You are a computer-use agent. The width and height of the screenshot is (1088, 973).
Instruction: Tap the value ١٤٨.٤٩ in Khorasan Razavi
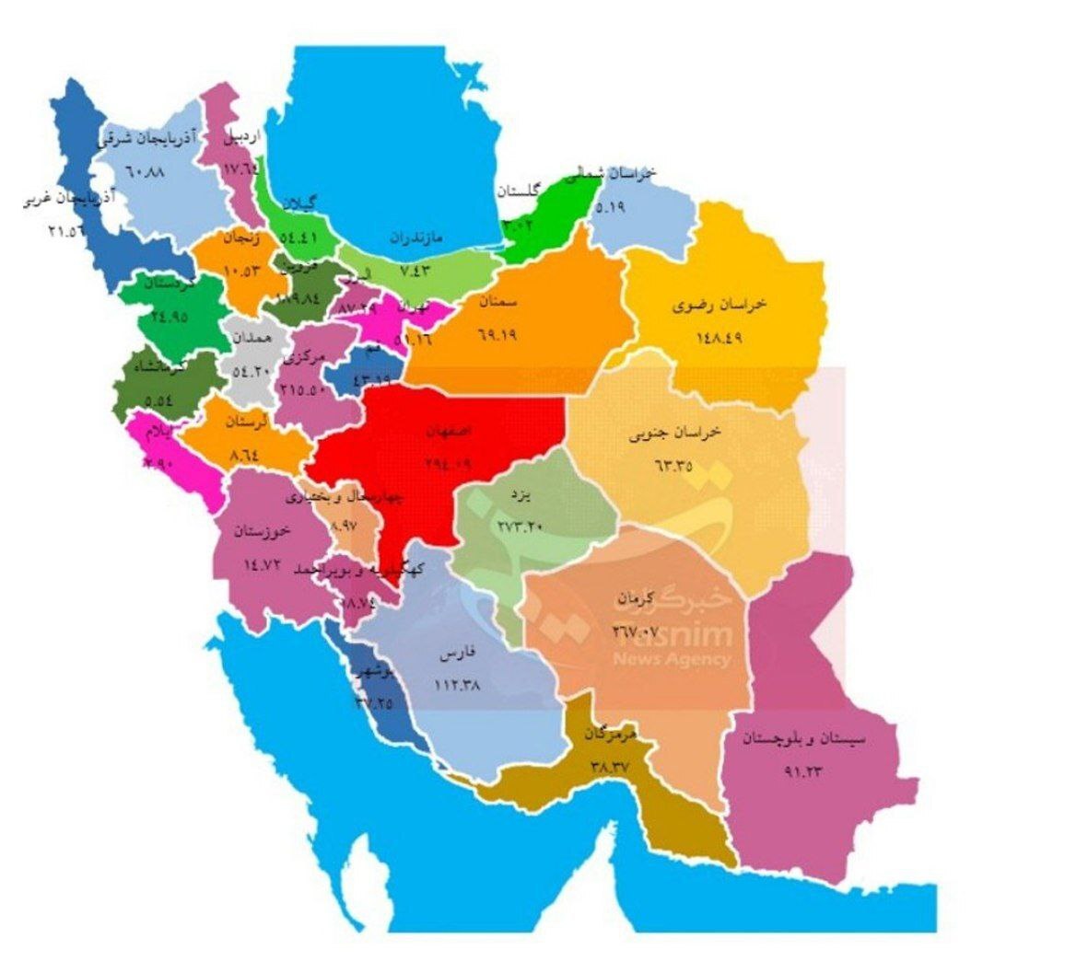tap(719, 336)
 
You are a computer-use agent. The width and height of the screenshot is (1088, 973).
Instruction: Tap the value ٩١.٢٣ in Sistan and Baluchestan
tap(802, 771)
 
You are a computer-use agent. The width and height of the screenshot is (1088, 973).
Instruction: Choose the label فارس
tap(457, 654)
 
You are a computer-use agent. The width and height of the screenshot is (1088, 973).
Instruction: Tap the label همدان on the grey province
tap(252, 338)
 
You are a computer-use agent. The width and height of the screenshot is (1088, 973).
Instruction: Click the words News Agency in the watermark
tap(672, 659)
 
